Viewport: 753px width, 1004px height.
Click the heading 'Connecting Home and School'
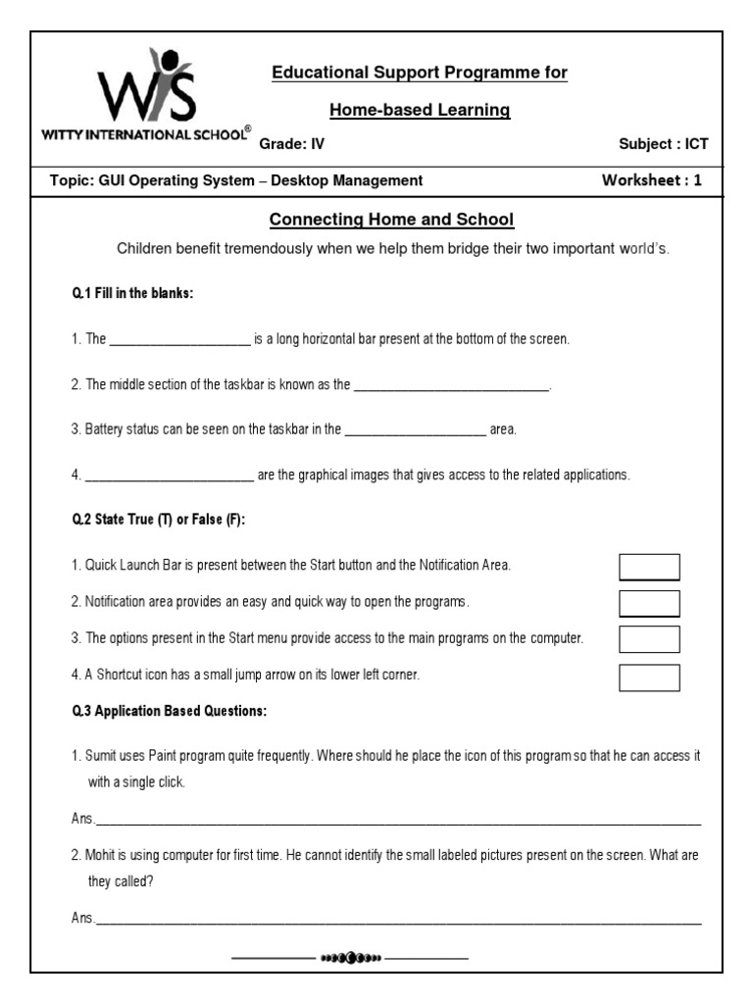click(392, 220)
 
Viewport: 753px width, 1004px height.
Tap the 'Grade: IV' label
click(291, 144)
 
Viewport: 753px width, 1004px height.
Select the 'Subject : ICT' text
click(663, 144)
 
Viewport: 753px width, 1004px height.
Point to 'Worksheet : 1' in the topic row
click(652, 180)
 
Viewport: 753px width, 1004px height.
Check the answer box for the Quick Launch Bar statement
click(649, 567)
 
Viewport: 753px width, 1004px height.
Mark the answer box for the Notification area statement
click(649, 602)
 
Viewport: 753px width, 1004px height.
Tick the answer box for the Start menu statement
click(649, 639)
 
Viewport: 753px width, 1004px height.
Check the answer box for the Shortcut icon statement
click(649, 677)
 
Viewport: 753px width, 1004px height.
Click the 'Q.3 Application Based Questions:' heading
click(169, 712)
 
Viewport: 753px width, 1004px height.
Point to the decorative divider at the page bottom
click(350, 957)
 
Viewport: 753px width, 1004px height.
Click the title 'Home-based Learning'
click(420, 110)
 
